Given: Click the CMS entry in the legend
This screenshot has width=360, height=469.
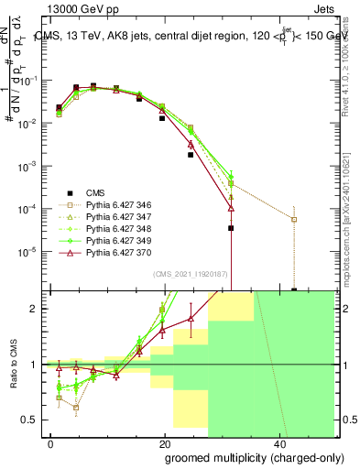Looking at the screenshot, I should (x=95, y=192).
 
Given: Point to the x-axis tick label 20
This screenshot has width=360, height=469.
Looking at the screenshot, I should (x=164, y=442).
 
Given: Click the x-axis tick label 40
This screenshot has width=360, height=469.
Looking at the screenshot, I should (x=278, y=442).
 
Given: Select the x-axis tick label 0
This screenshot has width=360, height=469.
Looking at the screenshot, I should (x=51, y=442).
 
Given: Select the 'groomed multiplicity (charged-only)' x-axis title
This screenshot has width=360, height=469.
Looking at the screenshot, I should (x=242, y=457).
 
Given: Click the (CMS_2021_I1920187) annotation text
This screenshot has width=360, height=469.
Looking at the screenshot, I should (x=191, y=274).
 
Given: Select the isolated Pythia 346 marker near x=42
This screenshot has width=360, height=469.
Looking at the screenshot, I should (x=294, y=219).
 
